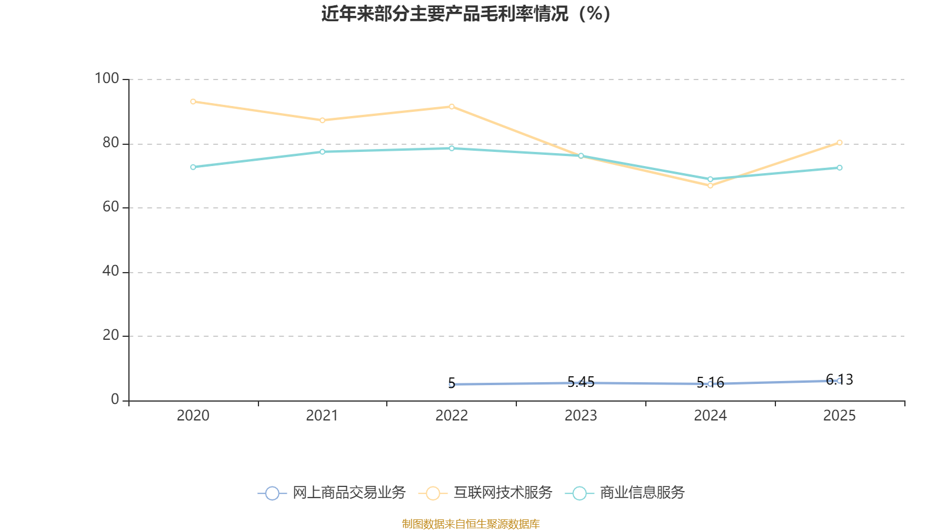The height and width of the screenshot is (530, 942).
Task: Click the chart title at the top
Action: pos(466,14)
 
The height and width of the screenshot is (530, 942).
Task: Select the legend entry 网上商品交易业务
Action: pos(332,493)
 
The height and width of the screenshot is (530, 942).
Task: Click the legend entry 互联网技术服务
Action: pos(486,493)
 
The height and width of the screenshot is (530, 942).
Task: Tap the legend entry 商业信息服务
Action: pos(625,493)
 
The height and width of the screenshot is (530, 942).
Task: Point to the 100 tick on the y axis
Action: pos(107,78)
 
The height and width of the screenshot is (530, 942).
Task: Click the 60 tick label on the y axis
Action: pos(111,207)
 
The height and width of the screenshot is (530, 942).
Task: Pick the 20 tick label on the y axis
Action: pos(111,335)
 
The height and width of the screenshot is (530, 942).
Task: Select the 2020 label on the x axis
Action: pos(193,416)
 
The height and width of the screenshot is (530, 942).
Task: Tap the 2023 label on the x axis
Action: pos(581,416)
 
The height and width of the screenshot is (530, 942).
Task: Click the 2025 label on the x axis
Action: pos(839,416)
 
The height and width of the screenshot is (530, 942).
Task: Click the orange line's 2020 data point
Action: pos(193,101)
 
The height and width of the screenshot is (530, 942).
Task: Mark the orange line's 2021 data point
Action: pos(322,120)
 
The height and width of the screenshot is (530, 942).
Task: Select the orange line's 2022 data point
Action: pos(452,107)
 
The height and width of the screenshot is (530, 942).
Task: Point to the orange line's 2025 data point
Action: pos(840,143)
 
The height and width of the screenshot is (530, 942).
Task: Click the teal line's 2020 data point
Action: pos(193,167)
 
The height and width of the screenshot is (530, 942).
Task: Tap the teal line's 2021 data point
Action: pos(322,152)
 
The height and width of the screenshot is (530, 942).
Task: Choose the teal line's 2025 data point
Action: pos(840,168)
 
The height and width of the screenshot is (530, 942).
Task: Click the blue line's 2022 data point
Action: pos(452,384)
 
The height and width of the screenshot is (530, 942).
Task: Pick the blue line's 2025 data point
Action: pos(839,380)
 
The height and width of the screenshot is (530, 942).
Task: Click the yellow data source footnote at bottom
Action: pos(471,524)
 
